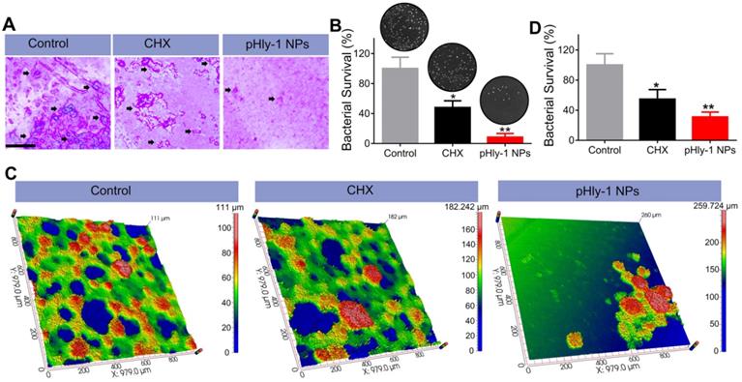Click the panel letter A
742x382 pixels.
(9, 10)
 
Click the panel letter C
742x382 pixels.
(9, 174)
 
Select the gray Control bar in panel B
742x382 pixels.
(399, 104)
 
